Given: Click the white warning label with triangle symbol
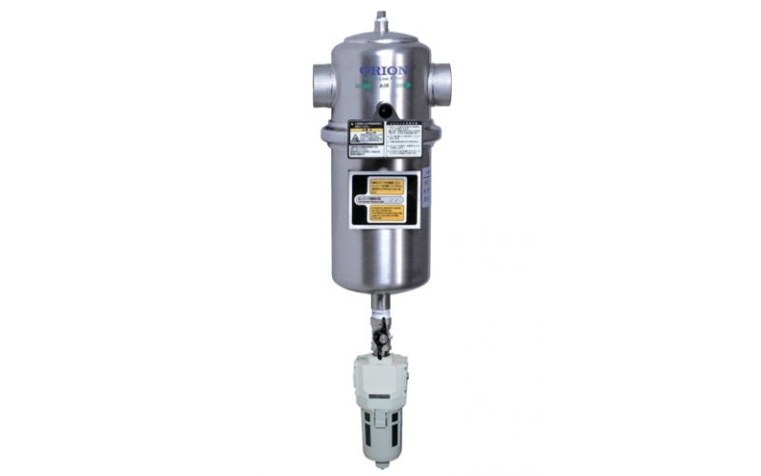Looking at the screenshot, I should point(365,137).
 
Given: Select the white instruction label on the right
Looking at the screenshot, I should point(402,139).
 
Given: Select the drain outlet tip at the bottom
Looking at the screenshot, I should point(381,465).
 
